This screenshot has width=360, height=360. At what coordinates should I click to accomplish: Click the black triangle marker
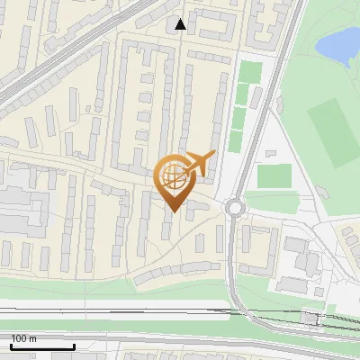coord(181,24)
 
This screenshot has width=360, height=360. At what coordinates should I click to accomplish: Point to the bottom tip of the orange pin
coord(173,211)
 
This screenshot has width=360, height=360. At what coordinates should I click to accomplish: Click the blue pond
coord(339,42)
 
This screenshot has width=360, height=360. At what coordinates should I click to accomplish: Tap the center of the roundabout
coord(236,208)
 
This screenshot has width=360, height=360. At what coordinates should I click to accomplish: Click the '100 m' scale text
coord(24,338)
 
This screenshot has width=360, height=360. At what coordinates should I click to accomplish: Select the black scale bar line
coord(42,347)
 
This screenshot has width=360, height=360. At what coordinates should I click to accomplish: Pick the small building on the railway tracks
coord(311,317)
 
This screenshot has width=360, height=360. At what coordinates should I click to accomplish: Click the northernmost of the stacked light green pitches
coord(249,72)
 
